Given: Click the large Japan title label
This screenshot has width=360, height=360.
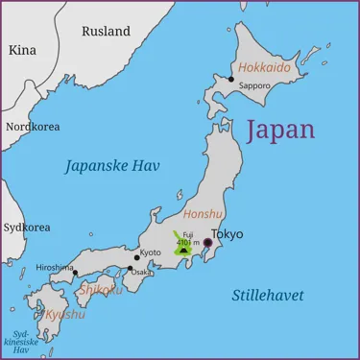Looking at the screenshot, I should (280, 130).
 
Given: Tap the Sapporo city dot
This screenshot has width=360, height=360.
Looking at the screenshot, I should (231, 79).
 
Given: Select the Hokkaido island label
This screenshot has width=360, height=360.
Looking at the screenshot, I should (264, 68).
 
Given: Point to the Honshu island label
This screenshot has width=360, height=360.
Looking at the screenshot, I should (203, 215).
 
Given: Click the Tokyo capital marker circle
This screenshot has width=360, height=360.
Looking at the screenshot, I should (207, 243).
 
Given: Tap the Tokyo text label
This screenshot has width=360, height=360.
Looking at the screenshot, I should (228, 233).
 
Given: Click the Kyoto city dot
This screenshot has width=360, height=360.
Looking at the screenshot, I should (137, 257).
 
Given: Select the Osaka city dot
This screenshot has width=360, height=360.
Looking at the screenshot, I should (131, 269).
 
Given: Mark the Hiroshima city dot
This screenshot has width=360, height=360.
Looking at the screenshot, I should (75, 273).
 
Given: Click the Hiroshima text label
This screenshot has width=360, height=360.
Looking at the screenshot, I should (55, 267).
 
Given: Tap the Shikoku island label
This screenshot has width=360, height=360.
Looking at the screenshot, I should (101, 289).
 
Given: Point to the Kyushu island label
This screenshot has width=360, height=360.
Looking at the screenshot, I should (65, 314).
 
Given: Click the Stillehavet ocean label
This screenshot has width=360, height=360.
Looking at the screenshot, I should (268, 295).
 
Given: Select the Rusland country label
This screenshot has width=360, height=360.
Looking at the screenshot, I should (106, 31).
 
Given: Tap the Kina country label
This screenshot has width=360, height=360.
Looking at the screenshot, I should (21, 49).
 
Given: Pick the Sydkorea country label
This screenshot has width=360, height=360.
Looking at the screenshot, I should (26, 228).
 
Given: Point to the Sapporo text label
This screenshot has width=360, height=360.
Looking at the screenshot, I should (254, 85).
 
